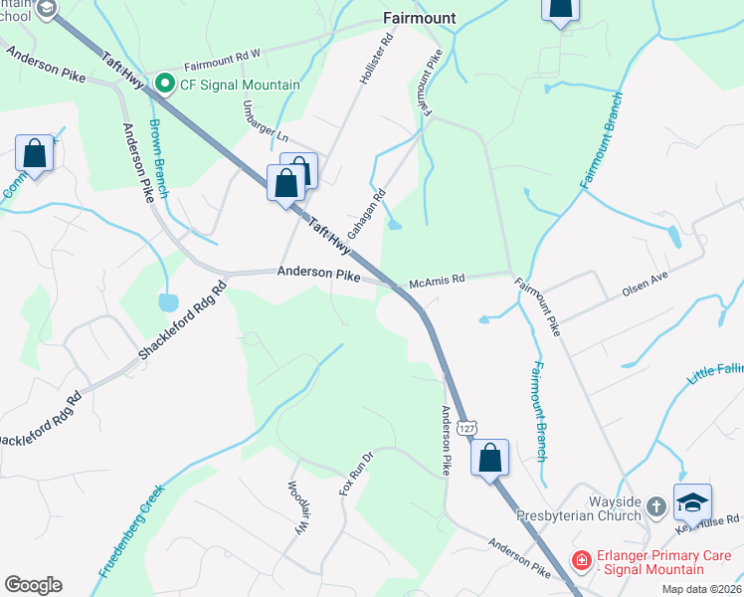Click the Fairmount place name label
pyautogui.click(x=420, y=18)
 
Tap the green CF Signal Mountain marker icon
pyautogui.click(x=165, y=85)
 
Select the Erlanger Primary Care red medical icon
pyautogui.click(x=581, y=561)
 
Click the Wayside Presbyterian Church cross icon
pyautogui.click(x=655, y=506)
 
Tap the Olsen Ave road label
pyautogui.click(x=647, y=280)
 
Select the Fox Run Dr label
pyautogui.click(x=355, y=474)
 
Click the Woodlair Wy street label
pyautogui.click(x=297, y=509)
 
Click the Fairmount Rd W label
pyautogui.click(x=221, y=60)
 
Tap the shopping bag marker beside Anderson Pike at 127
pyautogui.click(x=489, y=458)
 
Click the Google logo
pyautogui.click(x=33, y=585)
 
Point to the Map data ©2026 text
pyautogui.click(x=700, y=589)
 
